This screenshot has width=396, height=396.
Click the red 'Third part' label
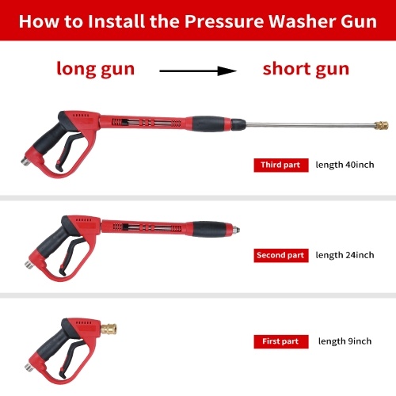click(281, 166)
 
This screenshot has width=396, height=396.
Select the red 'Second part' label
click(281, 256)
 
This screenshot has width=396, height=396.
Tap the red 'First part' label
click(281, 341)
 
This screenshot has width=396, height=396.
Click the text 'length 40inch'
click(345, 165)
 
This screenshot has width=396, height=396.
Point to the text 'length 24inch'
click(345, 255)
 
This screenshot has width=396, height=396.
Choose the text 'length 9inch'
click(345, 341)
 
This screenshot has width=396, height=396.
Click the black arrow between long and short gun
click(198, 70)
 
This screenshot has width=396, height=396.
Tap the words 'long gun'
click(96, 69)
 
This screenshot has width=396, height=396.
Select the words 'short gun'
click(306, 69)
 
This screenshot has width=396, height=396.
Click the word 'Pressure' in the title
click(224, 21)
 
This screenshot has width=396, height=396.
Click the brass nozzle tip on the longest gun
click(382, 125)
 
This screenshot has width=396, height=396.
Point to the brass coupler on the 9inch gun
click(109, 329)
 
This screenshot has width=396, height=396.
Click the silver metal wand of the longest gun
click(310, 124)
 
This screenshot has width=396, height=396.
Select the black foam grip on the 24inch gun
click(210, 229)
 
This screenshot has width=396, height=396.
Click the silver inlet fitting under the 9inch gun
click(29, 367)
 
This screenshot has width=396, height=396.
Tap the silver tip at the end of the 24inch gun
click(236, 229)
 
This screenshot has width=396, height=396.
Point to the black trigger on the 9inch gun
click(70, 359)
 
